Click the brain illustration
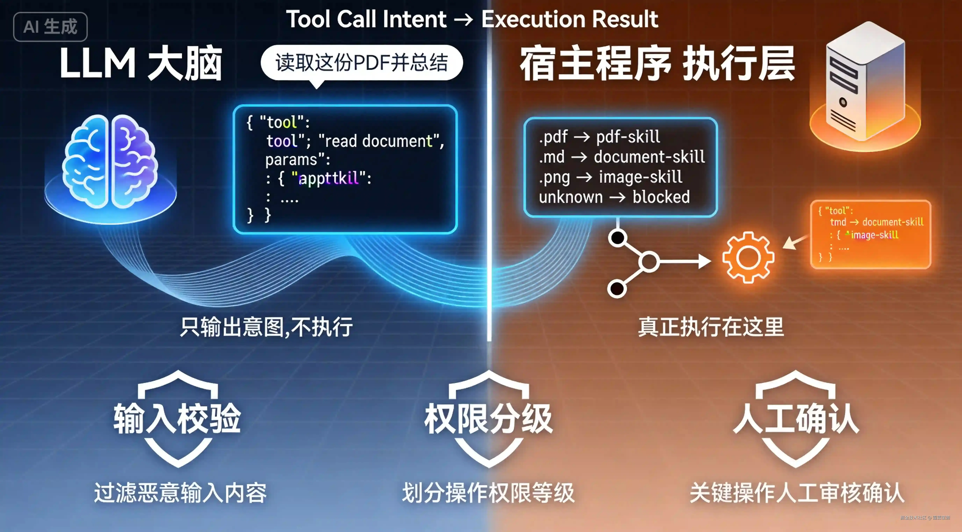click(110, 162)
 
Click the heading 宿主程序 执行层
click(657, 64)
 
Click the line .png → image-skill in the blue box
click(611, 177)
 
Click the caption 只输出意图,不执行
click(266, 327)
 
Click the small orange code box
click(870, 234)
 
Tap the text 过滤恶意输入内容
click(180, 493)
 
